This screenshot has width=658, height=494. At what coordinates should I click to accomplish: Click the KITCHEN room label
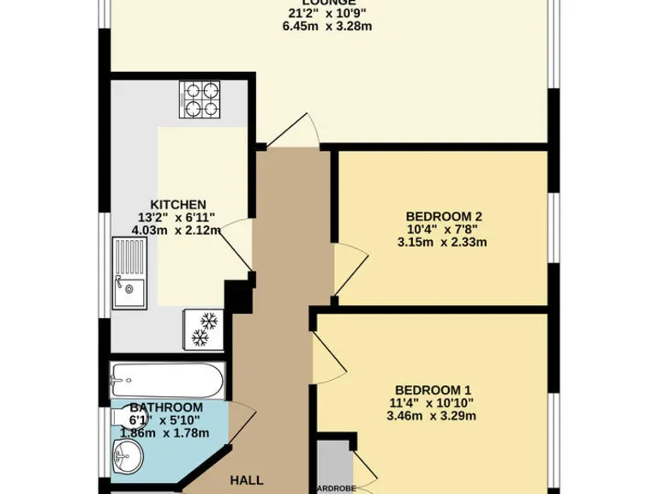(177, 204)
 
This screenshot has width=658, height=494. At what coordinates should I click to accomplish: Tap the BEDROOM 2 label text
(438, 216)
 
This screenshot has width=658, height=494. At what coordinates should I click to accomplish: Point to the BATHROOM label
(166, 407)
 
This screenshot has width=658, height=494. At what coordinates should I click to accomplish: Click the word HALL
(246, 480)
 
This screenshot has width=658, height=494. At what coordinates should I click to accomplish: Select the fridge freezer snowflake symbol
(203, 329)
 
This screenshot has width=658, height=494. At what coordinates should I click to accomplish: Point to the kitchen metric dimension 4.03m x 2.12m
(177, 230)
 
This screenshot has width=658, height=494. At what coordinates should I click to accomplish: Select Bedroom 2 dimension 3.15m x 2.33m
(441, 242)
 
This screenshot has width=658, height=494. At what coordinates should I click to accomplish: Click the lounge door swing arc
(296, 129)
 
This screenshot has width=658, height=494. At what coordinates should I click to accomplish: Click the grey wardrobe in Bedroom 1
(333, 467)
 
